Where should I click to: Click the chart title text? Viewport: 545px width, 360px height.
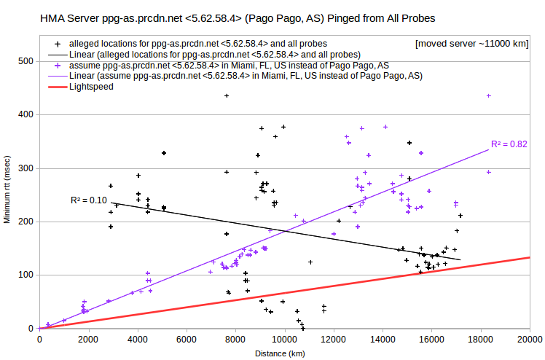coord(238,18)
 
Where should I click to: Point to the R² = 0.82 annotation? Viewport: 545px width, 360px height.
coord(509,144)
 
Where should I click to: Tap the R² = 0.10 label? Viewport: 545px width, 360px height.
coord(89,200)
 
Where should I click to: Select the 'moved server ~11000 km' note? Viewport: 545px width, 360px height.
coord(472,44)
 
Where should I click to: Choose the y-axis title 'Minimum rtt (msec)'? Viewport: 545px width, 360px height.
coord(7,189)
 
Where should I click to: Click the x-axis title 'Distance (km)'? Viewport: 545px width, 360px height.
coord(280,353)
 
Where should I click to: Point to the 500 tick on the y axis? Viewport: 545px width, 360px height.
coord(26,61)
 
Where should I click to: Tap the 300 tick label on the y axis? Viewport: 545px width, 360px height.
coord(26,168)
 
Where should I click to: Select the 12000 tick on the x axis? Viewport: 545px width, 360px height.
coord(334,339)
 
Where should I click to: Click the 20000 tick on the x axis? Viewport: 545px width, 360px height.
coord(530,339)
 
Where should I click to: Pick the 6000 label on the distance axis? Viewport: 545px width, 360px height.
coord(187,339)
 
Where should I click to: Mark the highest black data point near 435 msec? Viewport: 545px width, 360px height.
coord(227,96)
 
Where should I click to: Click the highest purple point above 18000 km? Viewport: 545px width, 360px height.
coord(489,96)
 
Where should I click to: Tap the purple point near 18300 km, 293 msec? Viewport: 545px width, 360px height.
coord(489,172)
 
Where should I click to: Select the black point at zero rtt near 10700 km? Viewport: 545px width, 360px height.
coord(303,328)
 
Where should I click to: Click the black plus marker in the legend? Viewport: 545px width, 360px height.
coord(58,44)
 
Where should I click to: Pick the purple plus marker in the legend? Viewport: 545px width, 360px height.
coord(58,66)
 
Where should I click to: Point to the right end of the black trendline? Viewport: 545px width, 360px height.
coord(460,259)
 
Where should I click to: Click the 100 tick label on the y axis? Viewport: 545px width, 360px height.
coord(26,275)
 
